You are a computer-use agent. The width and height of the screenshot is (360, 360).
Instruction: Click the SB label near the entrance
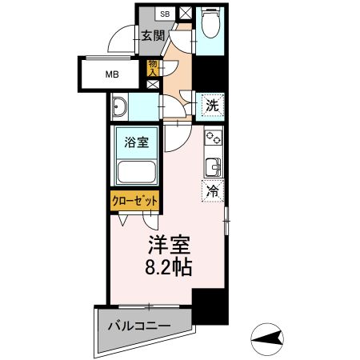(x=165, y=14)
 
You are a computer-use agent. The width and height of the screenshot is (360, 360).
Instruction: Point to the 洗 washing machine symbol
(x=212, y=103)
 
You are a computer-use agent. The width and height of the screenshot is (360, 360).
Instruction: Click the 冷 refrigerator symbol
(x=214, y=190)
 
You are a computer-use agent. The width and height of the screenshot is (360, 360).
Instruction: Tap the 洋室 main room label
(x=167, y=242)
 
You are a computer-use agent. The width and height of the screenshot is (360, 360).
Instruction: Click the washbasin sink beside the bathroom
(x=121, y=106)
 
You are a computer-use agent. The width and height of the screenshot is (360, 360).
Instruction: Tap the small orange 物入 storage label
(x=153, y=68)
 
